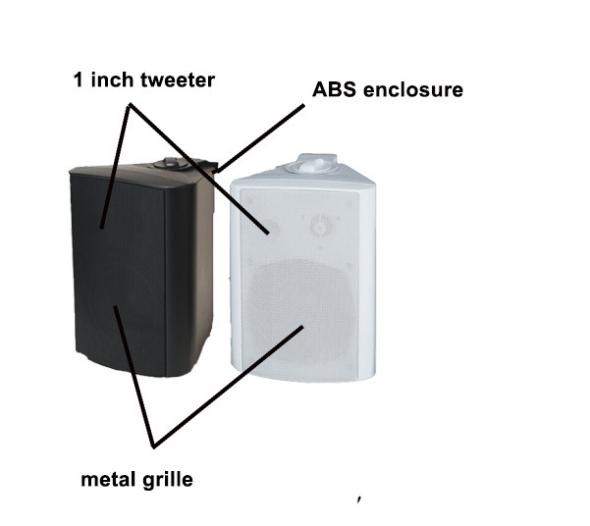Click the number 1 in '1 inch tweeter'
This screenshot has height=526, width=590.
click(78, 80)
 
